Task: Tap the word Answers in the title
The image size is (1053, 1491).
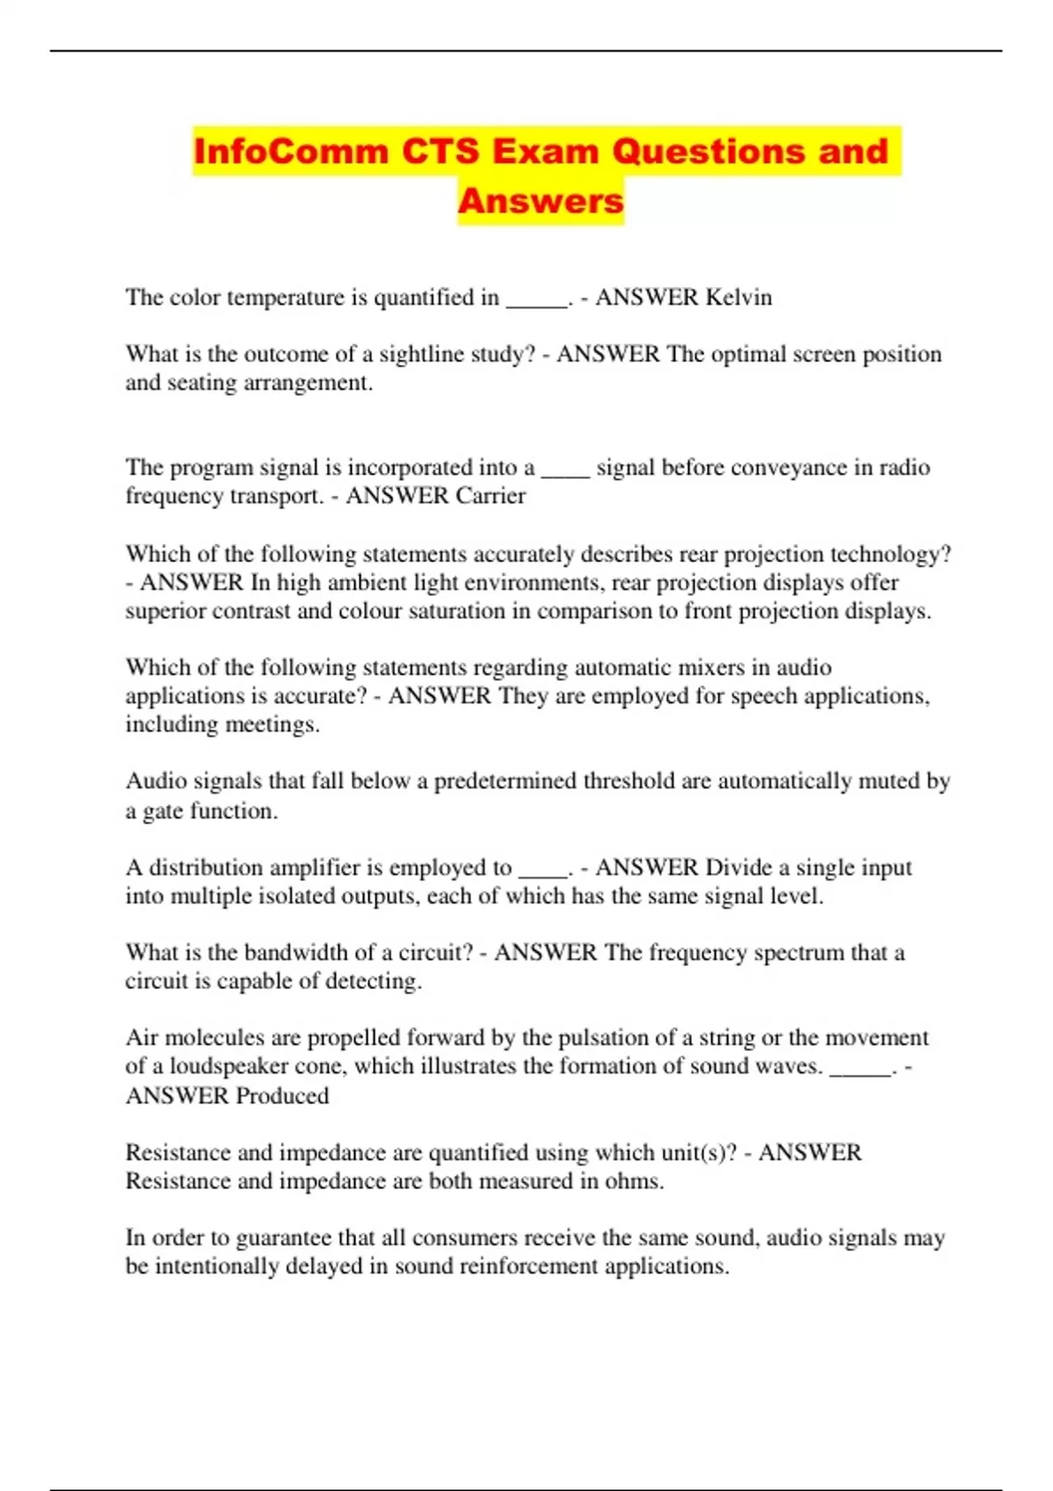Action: (x=541, y=201)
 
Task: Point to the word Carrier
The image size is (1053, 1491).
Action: (x=491, y=496)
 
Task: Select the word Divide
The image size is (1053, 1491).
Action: (x=738, y=867)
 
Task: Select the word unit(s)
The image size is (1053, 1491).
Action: (x=688, y=1152)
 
